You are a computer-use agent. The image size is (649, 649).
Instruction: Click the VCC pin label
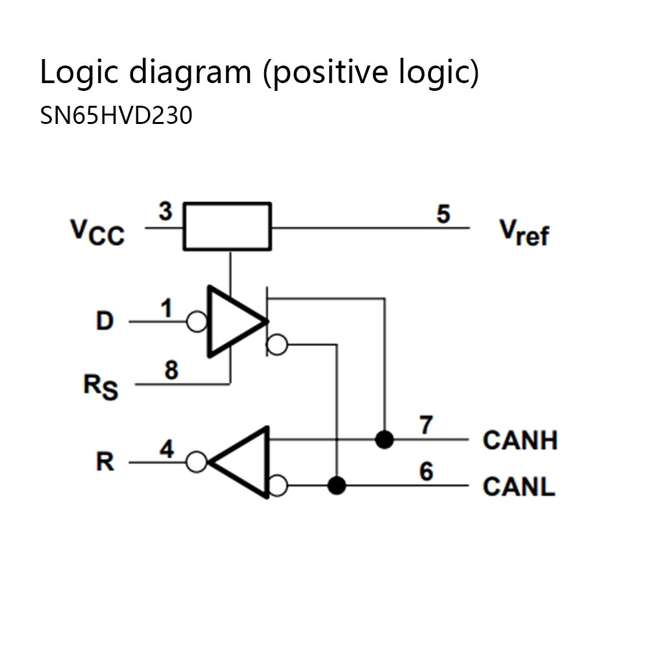97,232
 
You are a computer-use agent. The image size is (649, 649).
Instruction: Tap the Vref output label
523,232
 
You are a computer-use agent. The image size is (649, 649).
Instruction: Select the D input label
104,321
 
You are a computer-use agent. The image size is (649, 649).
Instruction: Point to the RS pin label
101,387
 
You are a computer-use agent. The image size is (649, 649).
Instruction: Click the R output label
104,463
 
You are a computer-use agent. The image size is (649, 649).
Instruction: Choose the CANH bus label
520,440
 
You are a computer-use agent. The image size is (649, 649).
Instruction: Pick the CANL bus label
519,486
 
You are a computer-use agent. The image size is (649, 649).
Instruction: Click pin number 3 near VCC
165,212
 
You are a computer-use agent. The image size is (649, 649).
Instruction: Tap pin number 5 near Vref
443,214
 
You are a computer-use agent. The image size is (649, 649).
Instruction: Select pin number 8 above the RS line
171,371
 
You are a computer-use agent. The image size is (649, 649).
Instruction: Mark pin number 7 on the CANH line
426,426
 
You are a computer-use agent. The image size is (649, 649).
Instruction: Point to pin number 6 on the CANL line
426,472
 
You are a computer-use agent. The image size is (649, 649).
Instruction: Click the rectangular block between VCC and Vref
227,227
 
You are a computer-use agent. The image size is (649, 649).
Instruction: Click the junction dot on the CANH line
385,440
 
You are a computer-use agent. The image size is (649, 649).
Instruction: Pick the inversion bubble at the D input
197,321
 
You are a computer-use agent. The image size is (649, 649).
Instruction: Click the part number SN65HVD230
116,116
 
